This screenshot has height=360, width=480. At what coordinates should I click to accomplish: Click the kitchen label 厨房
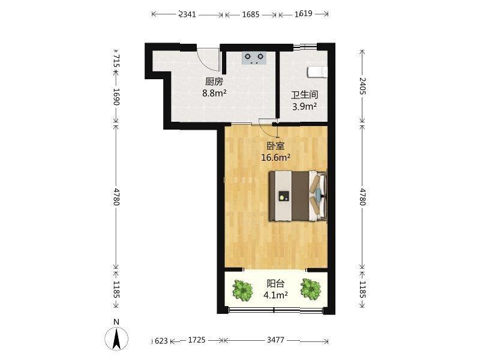(x=214, y=82)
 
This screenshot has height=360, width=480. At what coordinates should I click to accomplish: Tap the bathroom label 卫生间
(x=304, y=95)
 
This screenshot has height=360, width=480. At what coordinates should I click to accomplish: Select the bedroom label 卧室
(x=275, y=146)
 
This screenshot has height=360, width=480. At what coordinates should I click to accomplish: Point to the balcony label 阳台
(x=275, y=284)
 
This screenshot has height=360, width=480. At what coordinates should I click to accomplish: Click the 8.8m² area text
(x=214, y=93)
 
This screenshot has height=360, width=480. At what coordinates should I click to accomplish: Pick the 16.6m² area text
(x=275, y=157)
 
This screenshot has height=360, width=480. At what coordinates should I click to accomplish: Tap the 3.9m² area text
(x=304, y=107)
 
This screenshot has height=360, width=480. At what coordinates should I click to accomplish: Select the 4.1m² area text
(x=275, y=295)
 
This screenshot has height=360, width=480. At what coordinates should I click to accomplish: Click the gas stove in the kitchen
(x=254, y=58)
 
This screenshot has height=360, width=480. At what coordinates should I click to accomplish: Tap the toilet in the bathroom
(x=317, y=72)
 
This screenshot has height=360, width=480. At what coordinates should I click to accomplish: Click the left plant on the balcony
(x=243, y=290)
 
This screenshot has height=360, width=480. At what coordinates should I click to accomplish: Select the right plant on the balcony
(x=310, y=289)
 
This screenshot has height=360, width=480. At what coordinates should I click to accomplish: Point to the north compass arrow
(x=116, y=339)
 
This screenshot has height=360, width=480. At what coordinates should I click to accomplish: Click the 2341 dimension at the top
(x=187, y=14)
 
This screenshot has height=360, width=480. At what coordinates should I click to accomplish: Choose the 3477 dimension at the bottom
(x=275, y=340)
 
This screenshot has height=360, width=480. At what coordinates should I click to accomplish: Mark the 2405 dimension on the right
(x=362, y=86)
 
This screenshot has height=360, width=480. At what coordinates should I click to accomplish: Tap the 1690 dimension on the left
(x=116, y=97)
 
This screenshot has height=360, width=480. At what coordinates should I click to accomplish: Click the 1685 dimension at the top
(x=251, y=14)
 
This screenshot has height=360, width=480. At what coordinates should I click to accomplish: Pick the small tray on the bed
(x=284, y=196)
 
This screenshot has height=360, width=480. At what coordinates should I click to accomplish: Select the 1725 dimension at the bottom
(x=197, y=340)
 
